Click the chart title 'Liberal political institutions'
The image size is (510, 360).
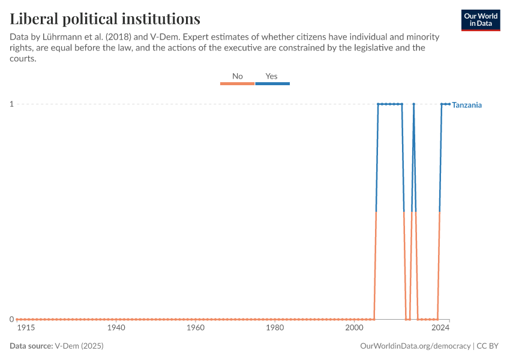coord(105,18)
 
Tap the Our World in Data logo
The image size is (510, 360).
coord(480,20)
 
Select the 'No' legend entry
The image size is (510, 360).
coord(238,76)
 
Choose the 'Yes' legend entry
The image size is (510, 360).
coord(272,76)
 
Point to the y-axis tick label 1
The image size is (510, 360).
coord(11,104)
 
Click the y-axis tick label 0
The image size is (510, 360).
coord(11,319)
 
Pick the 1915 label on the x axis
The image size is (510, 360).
coord(26,328)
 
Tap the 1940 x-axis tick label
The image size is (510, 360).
coord(116,328)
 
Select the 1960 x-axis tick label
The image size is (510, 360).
coord(196,328)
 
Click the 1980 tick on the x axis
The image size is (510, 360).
coord(275,328)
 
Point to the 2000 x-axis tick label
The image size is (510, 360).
coord(354,328)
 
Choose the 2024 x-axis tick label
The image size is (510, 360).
coord(440,328)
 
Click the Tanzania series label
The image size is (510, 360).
coord(467,105)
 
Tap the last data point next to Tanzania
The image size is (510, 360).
coord(449,104)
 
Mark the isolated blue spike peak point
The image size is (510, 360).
coord(413,104)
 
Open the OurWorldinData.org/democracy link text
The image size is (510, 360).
coord(415,346)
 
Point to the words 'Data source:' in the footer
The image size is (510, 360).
coord(31,346)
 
